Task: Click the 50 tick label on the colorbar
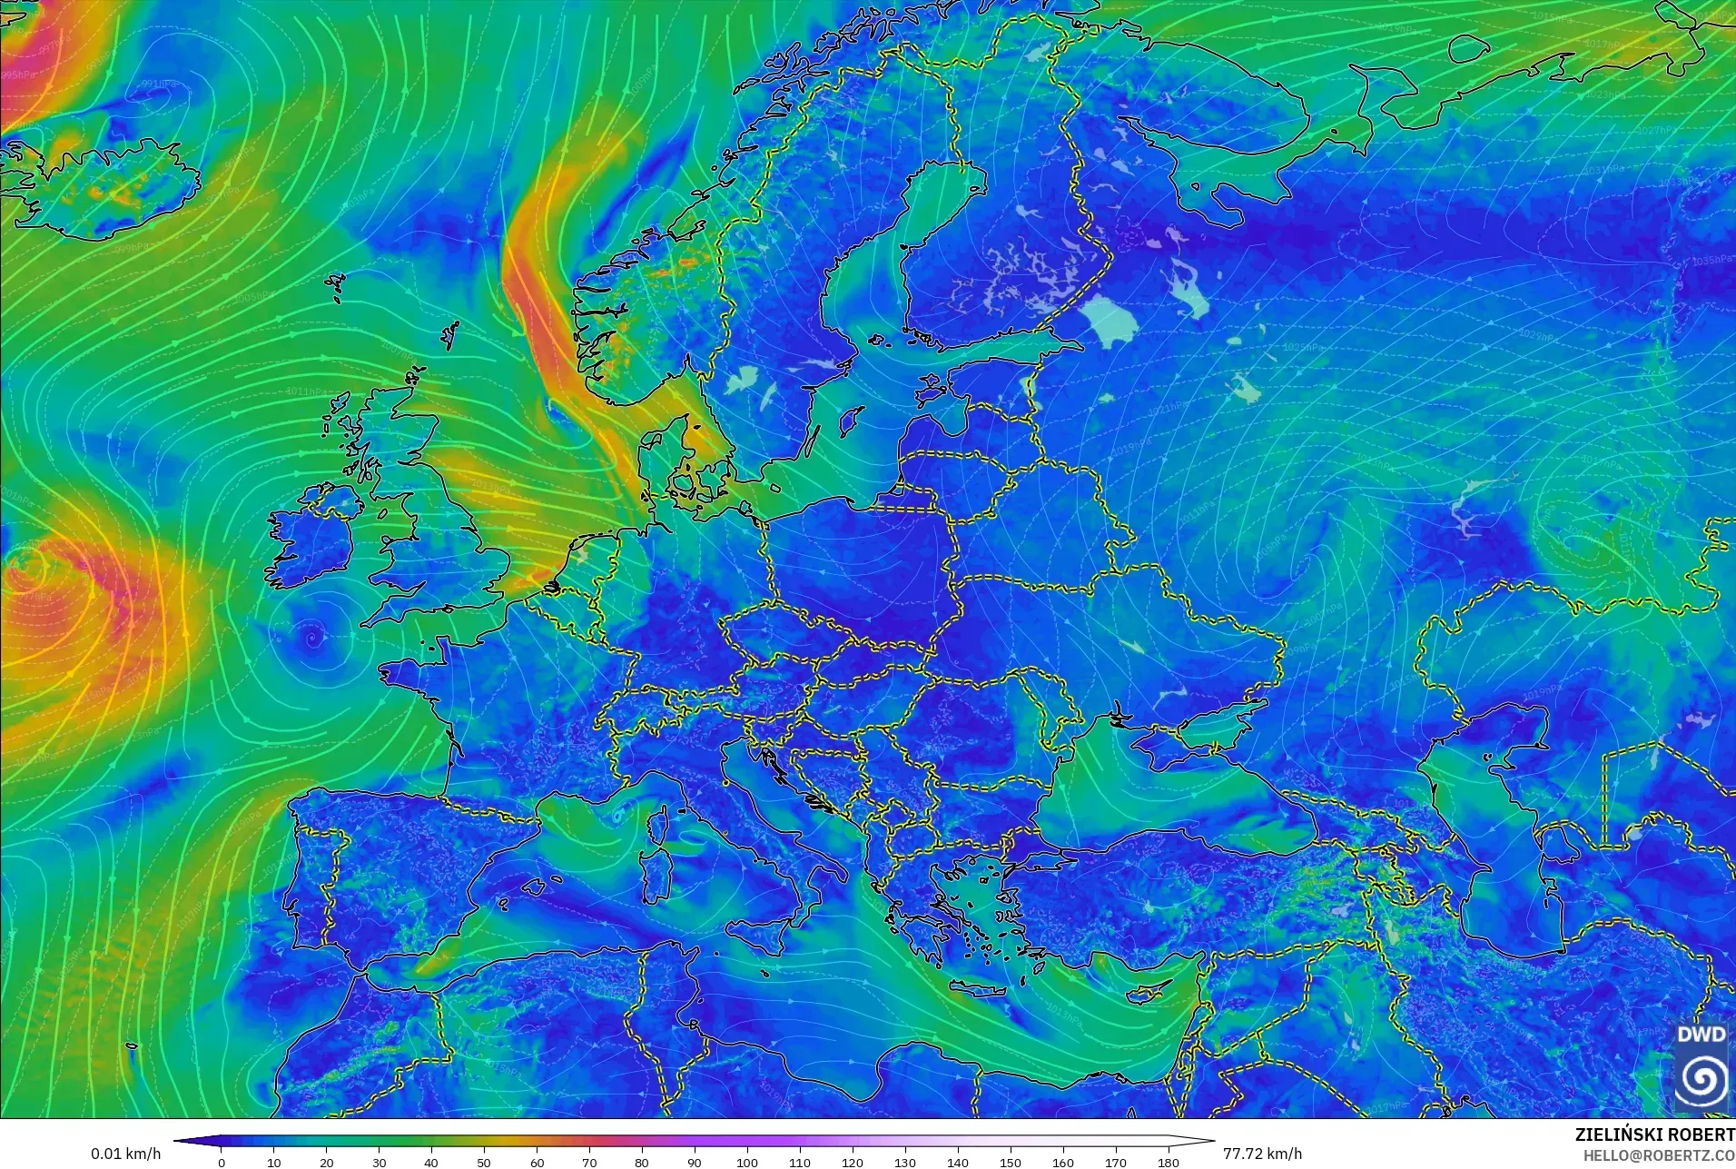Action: coord(484,1162)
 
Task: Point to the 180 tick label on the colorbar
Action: coord(1169,1162)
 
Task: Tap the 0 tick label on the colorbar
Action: coord(222,1162)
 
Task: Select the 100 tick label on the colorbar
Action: coord(746,1162)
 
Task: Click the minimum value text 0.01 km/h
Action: coord(125,1154)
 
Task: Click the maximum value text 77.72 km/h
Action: coord(1262,1154)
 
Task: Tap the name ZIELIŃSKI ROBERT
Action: coord(1654,1135)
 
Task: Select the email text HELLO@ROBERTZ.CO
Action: coord(1659,1155)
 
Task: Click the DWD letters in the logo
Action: coord(1701,1035)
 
